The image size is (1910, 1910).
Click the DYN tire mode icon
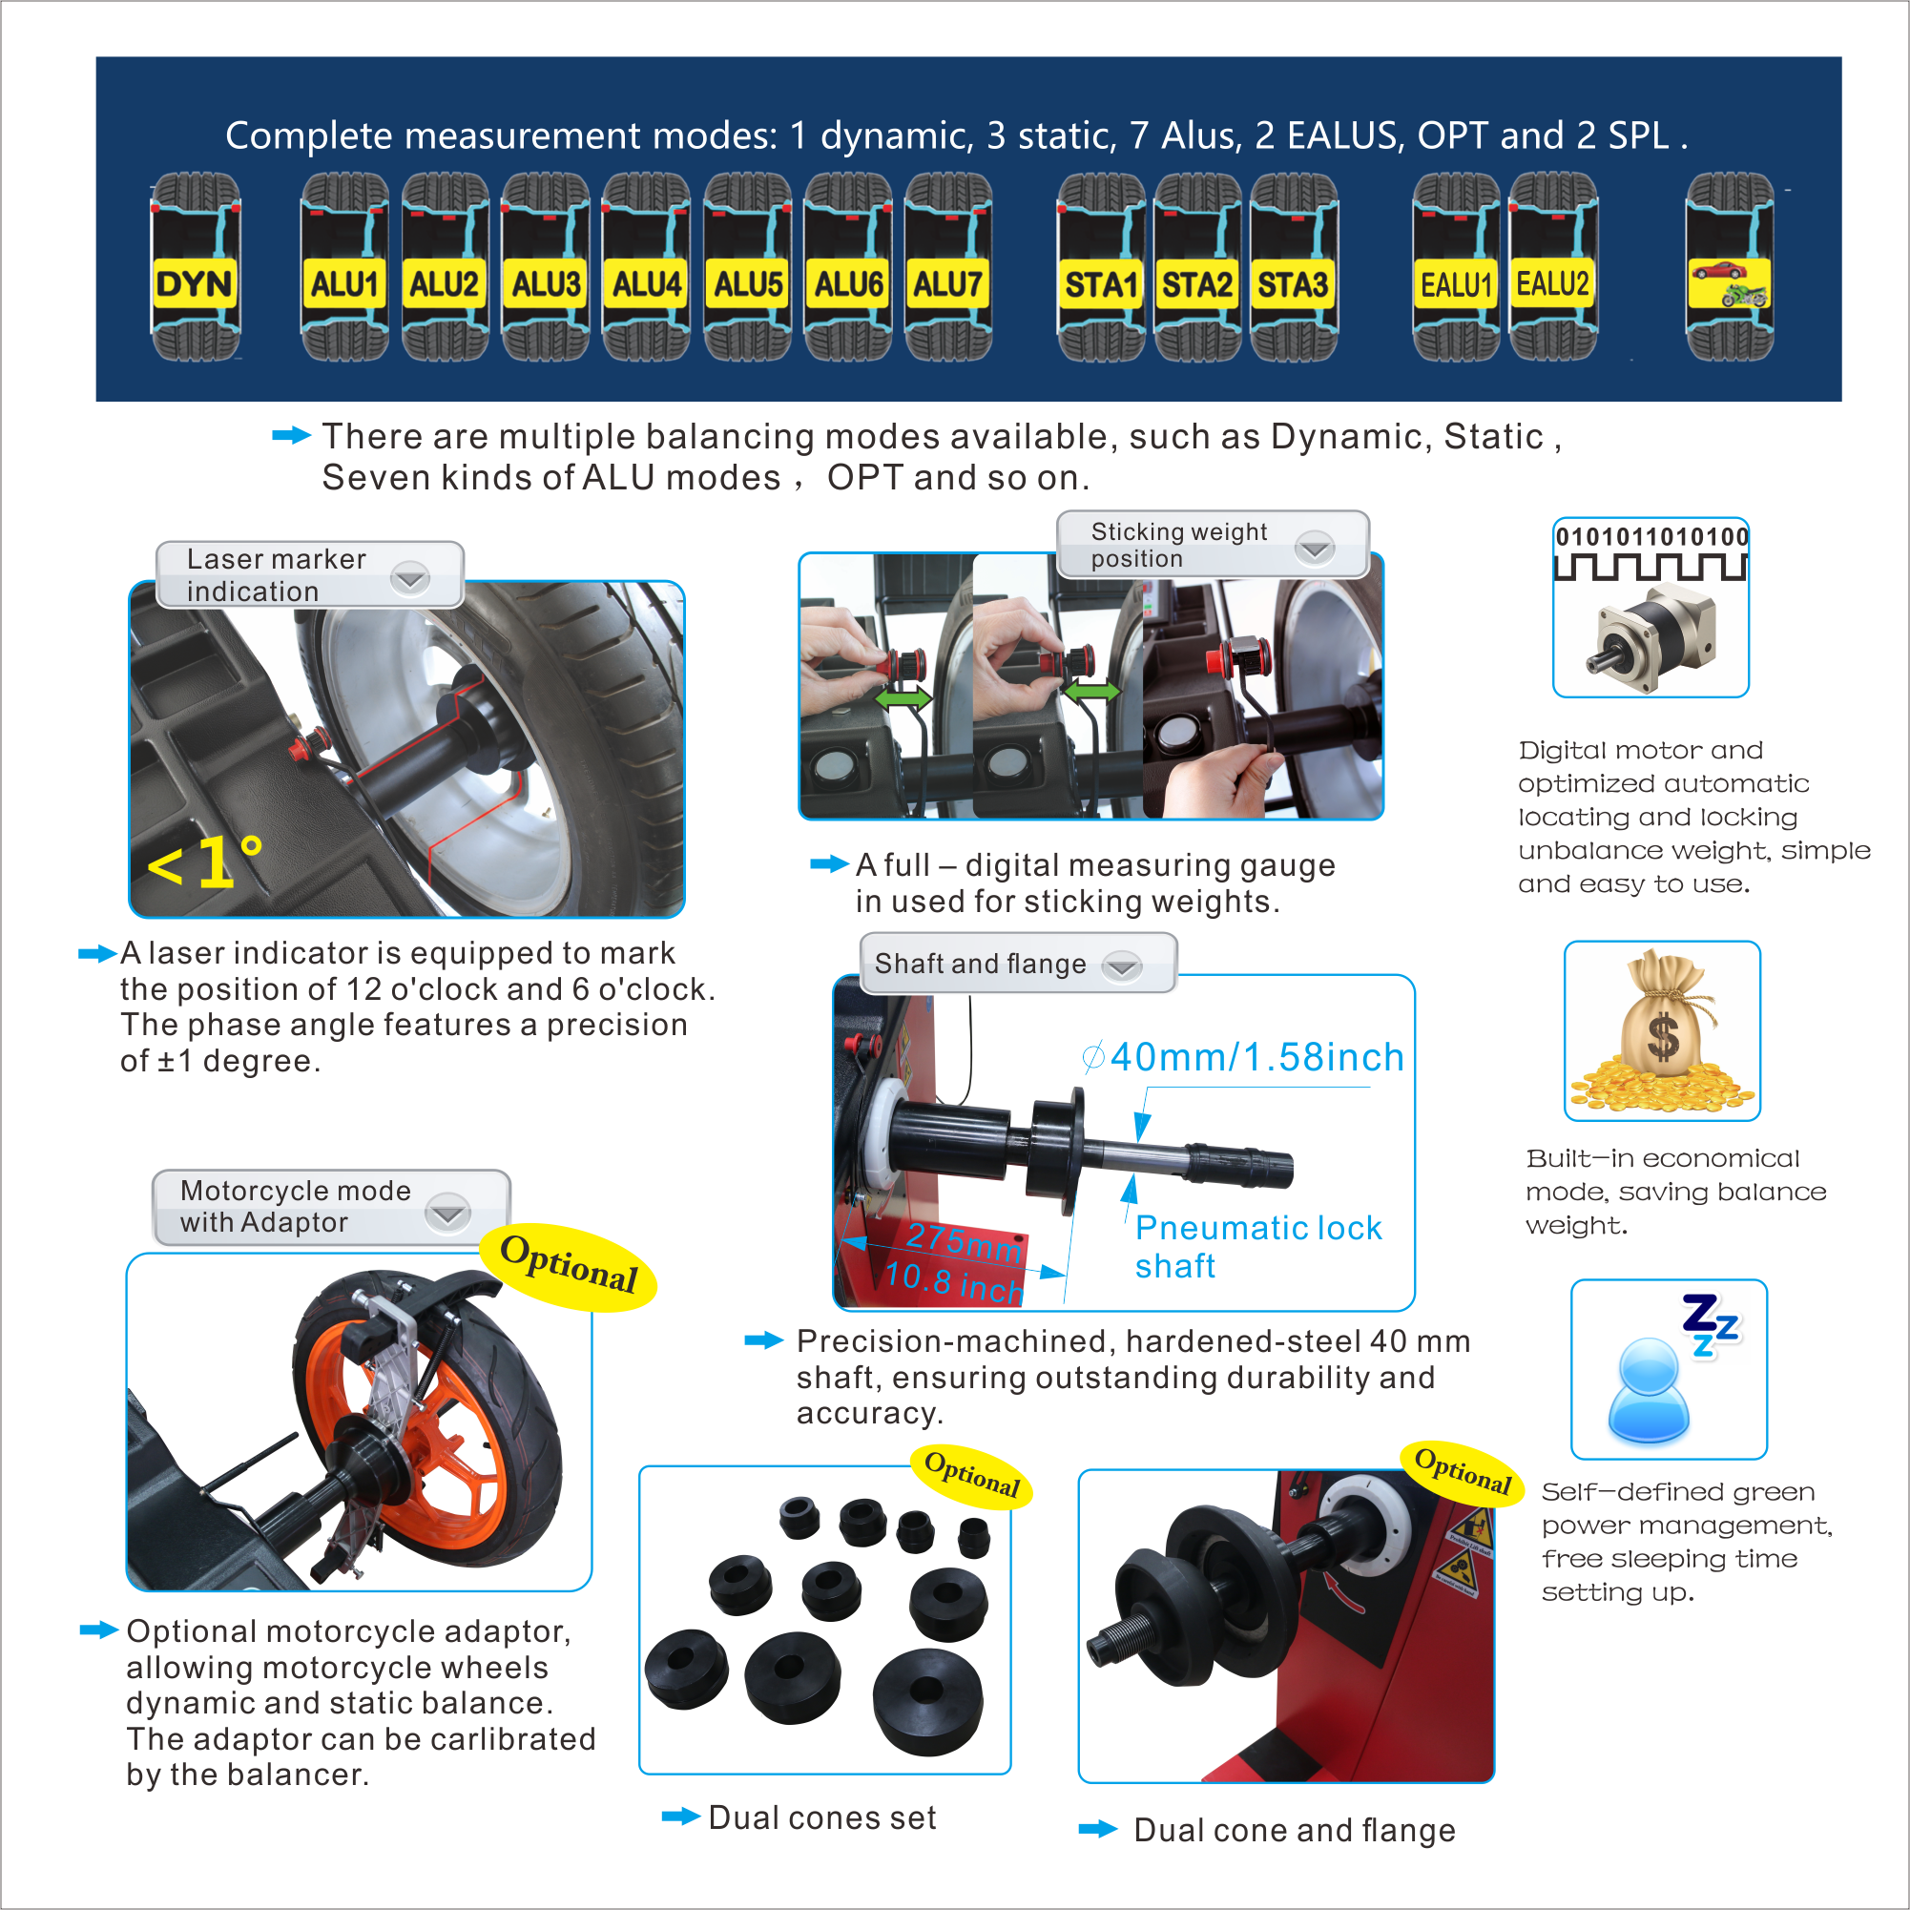coord(195,267)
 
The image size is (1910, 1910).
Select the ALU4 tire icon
coord(647,267)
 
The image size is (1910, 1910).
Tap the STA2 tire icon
coord(1197,267)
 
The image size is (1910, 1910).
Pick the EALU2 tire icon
coord(1553,267)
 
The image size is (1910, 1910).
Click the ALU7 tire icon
coord(948,267)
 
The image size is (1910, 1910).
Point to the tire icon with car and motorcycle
coord(1729,267)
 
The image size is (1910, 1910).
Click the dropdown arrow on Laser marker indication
coord(409,577)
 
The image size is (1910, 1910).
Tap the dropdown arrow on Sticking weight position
coord(1315,547)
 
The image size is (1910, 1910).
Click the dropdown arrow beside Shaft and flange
coord(1122,965)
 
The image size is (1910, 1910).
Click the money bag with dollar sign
coord(1663,1030)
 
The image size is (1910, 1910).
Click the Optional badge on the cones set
coord(972,1474)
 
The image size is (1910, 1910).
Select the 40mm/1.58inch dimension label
coord(1244,1057)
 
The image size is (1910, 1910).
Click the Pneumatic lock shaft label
coord(1257,1246)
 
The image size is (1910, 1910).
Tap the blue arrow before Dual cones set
coord(681,1817)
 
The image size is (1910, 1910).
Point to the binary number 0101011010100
coord(1652,537)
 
